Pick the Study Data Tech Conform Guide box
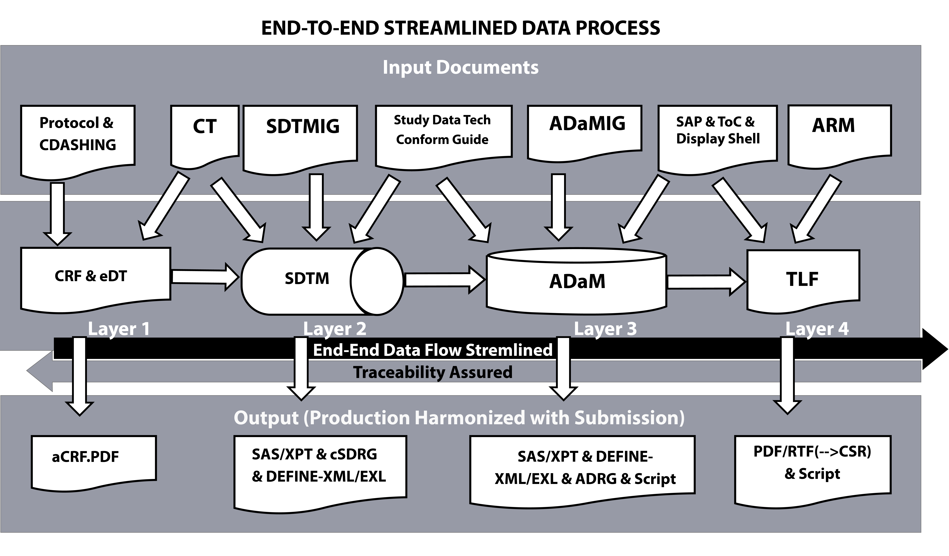(x=444, y=136)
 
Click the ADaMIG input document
(x=585, y=133)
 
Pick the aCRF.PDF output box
(x=94, y=463)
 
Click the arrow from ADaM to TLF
(x=706, y=282)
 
